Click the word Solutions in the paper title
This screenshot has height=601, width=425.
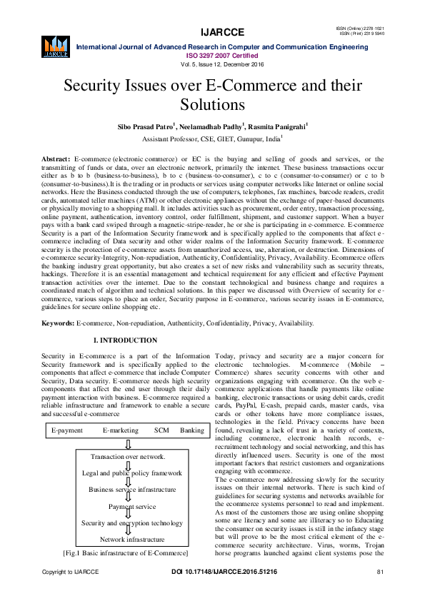tap(212, 104)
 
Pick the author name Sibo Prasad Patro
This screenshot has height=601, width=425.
tap(146, 126)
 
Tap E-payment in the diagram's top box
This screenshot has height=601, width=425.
tap(66, 430)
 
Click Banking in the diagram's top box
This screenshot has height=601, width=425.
tap(192, 430)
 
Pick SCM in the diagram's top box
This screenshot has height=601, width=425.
tap(161, 430)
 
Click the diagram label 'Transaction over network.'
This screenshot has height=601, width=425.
tap(128, 456)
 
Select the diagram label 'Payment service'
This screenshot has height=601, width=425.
tap(131, 506)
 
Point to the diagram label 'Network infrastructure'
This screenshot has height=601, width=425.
tap(131, 540)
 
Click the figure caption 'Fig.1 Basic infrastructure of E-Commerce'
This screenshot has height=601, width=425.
tap(126, 553)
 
